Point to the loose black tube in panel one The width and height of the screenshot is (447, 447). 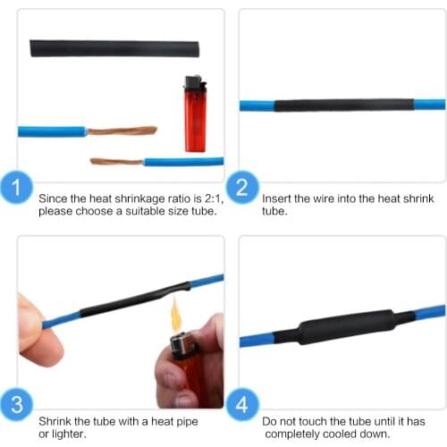point(115,47)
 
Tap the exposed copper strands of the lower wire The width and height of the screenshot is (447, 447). point(117,162)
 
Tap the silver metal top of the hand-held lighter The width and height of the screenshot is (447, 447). point(182,345)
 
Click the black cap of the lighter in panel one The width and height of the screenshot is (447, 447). point(194,85)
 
